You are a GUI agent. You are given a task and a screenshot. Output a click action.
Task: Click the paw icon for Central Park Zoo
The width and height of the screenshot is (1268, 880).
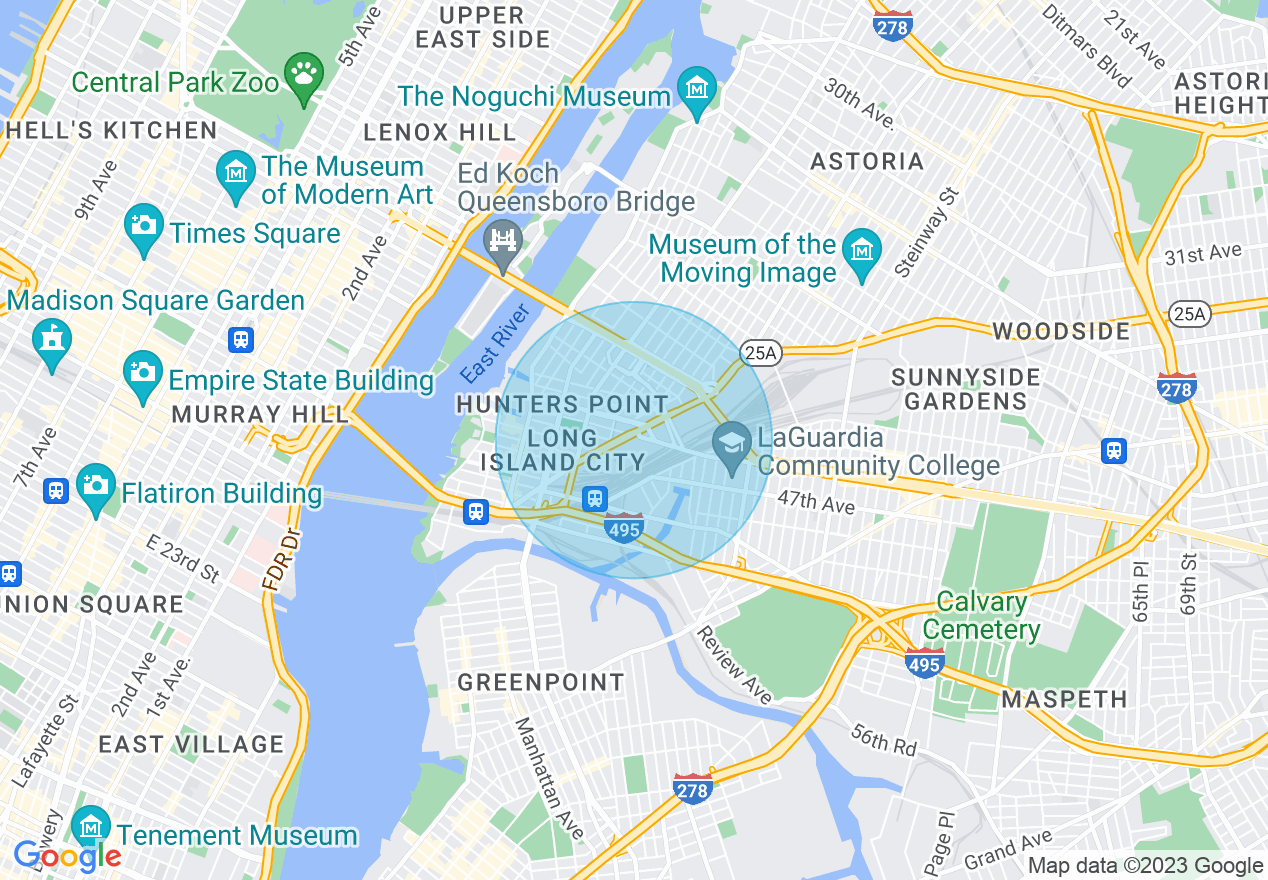point(302,76)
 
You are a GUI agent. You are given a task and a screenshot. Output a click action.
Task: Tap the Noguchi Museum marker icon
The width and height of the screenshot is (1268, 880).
point(696,89)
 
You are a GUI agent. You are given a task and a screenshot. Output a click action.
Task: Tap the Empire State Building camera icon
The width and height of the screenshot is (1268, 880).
point(144,373)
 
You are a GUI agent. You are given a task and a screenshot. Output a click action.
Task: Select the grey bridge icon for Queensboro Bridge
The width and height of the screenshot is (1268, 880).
point(503,242)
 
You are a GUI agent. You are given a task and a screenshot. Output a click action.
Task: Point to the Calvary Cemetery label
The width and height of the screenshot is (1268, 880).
point(981,616)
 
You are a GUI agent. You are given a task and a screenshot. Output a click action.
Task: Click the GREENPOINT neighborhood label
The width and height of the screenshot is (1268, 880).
point(540,683)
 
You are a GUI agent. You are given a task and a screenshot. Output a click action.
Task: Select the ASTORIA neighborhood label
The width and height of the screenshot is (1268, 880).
point(867,161)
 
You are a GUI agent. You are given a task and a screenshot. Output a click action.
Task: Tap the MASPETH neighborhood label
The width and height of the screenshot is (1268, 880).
point(1064,699)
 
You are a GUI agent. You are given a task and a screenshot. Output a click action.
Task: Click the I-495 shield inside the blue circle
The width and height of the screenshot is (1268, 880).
point(624,528)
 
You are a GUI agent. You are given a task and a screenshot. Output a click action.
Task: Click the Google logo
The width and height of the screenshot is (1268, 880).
point(67,856)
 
